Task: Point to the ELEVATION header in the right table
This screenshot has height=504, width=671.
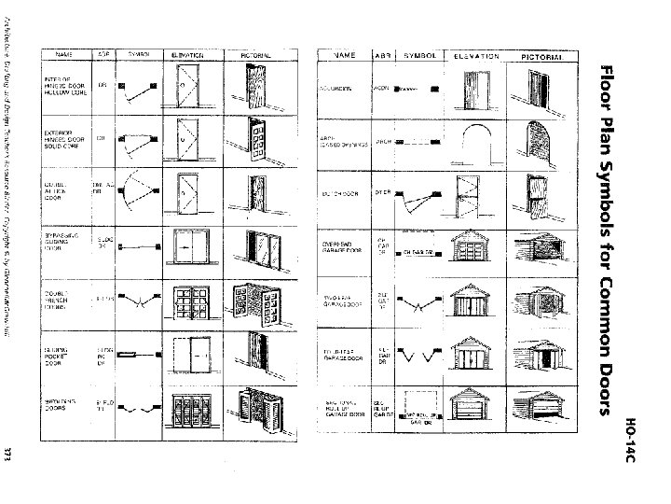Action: (476, 57)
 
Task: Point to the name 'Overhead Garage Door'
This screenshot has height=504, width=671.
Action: (339, 248)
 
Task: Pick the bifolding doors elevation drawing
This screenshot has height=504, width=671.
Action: (198, 408)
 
